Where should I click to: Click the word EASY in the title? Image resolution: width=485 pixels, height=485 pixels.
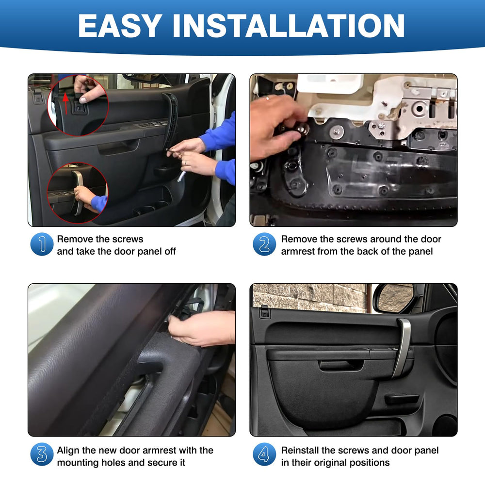(x=120, y=26)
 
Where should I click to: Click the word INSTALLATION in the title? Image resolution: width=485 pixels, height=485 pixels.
(x=288, y=26)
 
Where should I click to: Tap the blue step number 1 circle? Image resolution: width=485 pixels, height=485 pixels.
(x=42, y=244)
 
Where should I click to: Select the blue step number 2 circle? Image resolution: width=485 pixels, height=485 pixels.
(x=264, y=244)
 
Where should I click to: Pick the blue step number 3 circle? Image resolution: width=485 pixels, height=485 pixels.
(x=42, y=454)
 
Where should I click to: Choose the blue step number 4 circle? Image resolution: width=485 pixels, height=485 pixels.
(x=264, y=454)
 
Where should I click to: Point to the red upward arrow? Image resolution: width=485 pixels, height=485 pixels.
(x=65, y=103)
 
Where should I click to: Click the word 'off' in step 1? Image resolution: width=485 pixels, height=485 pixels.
(x=170, y=251)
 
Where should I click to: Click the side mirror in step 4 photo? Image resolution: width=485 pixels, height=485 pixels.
(x=394, y=298)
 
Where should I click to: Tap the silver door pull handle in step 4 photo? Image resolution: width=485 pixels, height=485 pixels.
(x=402, y=346)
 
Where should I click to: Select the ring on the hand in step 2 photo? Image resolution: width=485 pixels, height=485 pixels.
(x=268, y=98)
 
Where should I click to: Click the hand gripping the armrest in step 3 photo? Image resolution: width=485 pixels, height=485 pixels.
(x=201, y=328)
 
